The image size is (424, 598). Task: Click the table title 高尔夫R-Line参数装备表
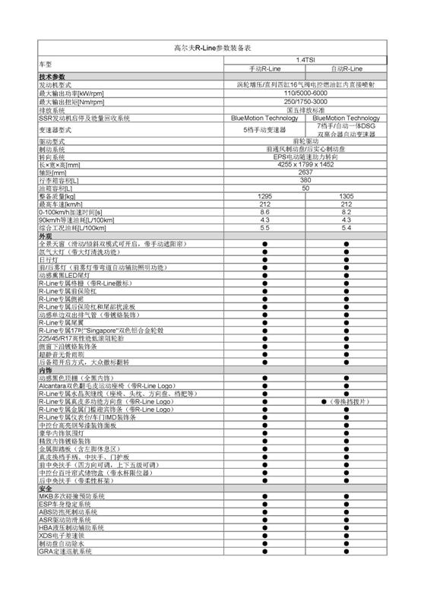212,47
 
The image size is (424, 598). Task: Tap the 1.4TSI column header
305,59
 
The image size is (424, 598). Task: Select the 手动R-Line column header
264,68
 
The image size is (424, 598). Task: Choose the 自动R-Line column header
346,68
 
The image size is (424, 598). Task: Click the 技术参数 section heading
52,77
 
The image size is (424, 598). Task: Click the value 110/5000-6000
305,93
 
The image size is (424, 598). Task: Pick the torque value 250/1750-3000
305,101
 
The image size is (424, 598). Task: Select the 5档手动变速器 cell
264,130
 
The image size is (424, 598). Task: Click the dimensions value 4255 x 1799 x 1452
305,165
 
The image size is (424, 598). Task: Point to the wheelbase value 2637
305,172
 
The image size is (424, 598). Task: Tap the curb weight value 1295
264,196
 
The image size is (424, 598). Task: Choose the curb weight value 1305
346,196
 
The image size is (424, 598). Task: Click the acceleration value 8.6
264,212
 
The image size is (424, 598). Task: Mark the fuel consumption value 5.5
264,227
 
